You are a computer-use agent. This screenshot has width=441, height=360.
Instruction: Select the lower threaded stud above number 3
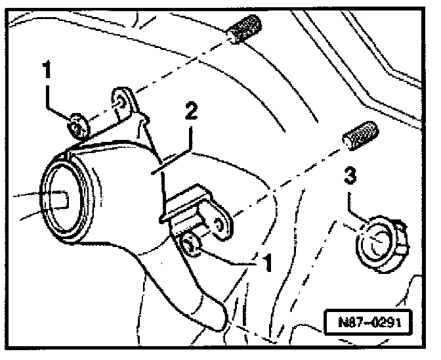tap(359, 135)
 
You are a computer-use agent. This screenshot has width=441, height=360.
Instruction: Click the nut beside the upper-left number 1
tap(77, 125)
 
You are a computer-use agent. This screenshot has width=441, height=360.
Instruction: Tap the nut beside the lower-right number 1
tap(191, 245)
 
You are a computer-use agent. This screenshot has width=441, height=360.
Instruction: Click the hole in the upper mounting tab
tap(121, 101)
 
